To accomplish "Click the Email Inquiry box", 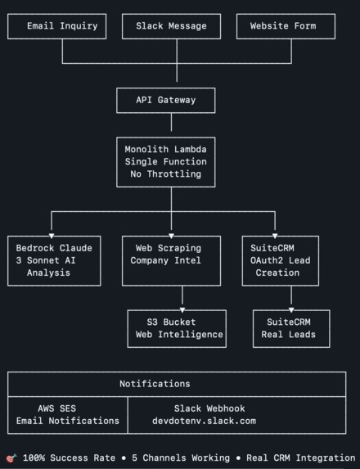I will (x=62, y=26).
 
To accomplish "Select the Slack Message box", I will (x=171, y=26).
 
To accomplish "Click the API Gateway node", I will (x=165, y=100).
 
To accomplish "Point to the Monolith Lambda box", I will (x=165, y=161).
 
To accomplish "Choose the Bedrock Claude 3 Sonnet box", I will (x=54, y=260).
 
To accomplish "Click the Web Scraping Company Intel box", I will (x=171, y=260).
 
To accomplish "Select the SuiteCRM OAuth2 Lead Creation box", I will (x=280, y=260).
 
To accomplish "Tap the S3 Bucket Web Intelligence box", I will (x=177, y=328).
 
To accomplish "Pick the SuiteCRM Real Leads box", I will (x=291, y=328).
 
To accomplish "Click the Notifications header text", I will (x=155, y=383).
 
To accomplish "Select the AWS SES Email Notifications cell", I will (x=67, y=414).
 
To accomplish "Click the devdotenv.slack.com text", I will (x=204, y=421).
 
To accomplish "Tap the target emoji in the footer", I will (x=11, y=458).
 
